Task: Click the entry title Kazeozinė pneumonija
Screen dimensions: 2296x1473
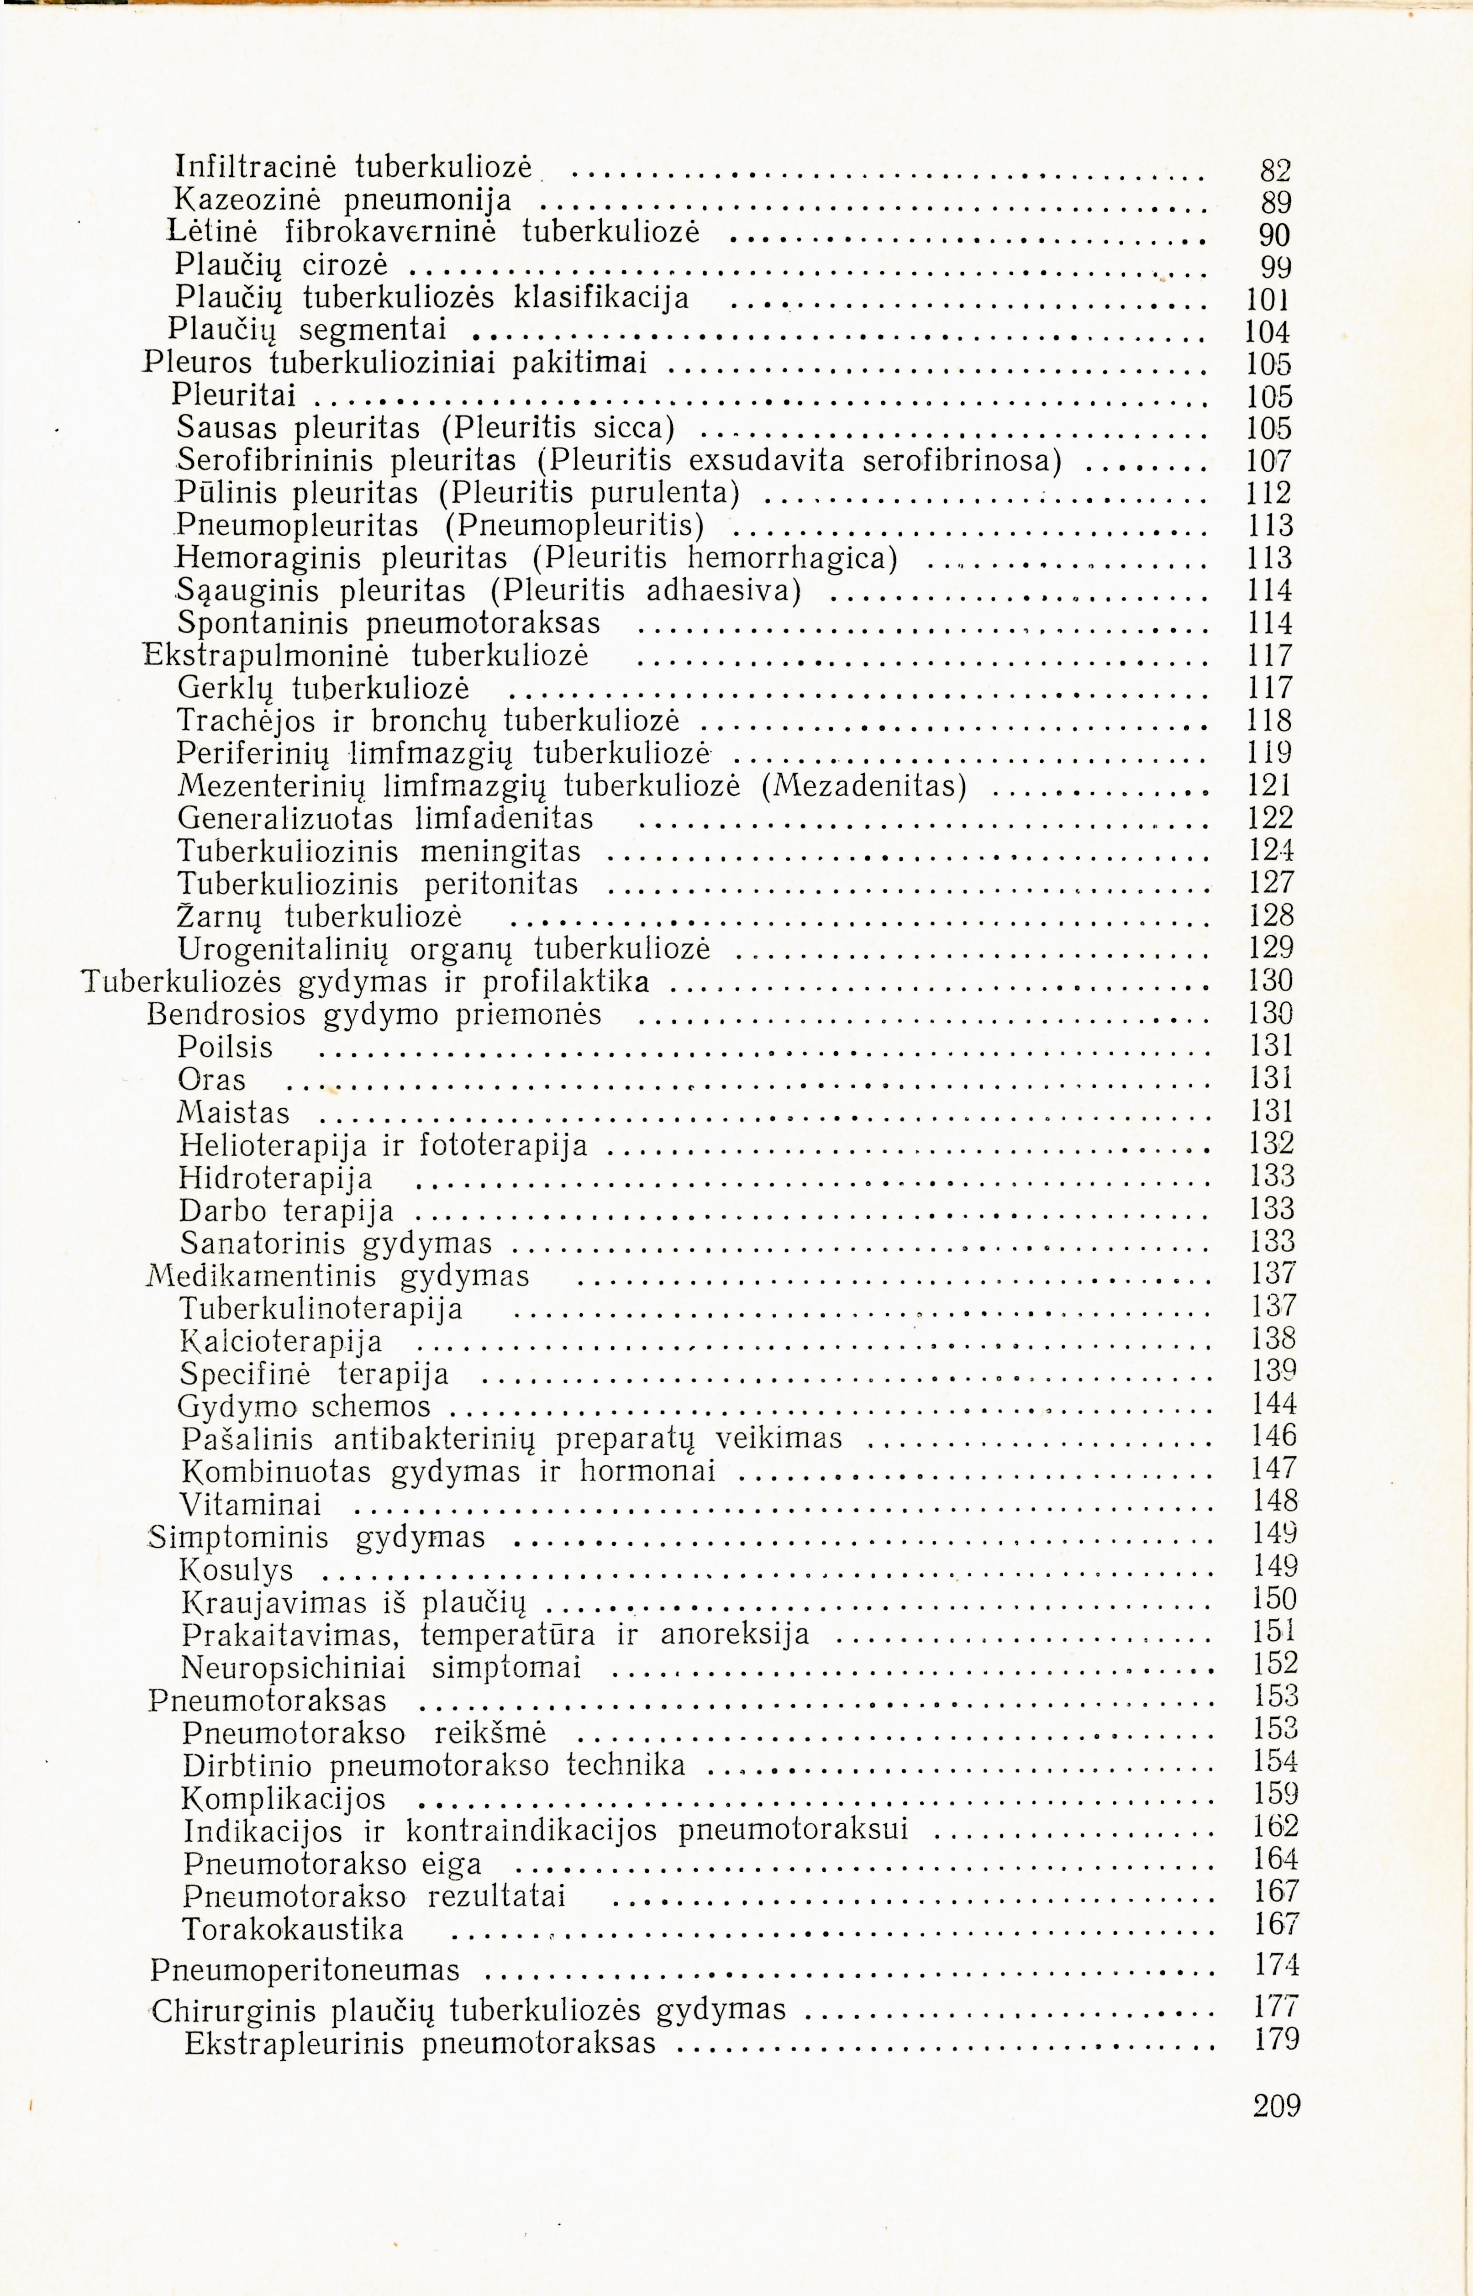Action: pos(342,200)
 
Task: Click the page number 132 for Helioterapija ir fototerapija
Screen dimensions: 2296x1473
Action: pos(1272,1144)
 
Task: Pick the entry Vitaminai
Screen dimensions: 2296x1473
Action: pos(251,1504)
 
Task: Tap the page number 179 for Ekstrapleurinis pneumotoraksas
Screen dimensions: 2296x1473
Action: pos(1276,2040)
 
